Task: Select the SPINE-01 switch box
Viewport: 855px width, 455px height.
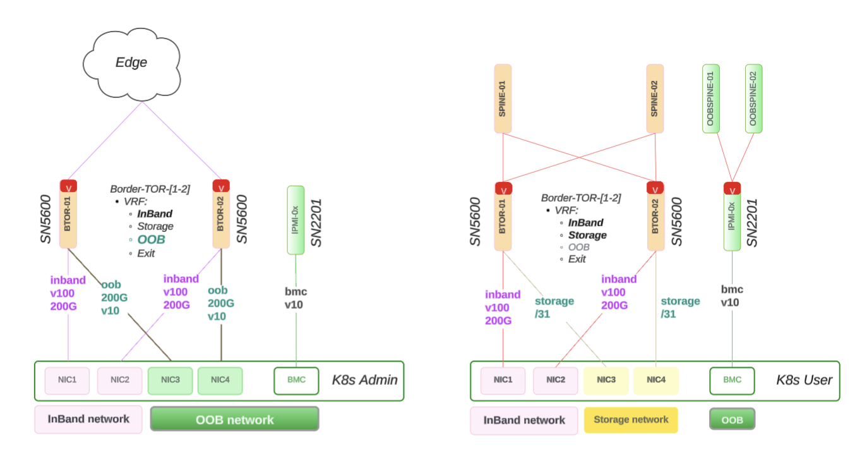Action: tap(503, 99)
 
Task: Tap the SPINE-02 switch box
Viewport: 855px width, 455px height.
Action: tap(655, 99)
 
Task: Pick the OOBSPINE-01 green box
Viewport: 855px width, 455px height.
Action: tap(711, 99)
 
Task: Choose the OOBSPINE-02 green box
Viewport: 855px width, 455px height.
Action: tap(753, 99)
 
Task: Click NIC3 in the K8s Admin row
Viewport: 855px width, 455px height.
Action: tap(170, 380)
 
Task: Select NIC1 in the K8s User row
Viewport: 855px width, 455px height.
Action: tap(503, 380)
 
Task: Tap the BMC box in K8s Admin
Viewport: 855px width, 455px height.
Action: tap(296, 380)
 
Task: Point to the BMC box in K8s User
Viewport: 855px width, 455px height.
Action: tap(732, 380)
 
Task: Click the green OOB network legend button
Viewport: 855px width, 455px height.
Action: tap(234, 419)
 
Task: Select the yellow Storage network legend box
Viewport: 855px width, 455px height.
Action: tap(631, 420)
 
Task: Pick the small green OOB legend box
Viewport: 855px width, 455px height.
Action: tap(732, 420)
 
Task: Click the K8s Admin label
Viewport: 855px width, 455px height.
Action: tap(365, 380)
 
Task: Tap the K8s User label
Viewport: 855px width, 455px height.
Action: tap(804, 380)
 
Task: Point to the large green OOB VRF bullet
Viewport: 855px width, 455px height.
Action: tap(151, 240)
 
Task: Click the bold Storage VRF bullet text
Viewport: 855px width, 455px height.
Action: tap(587, 235)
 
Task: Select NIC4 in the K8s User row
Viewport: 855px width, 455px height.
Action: tap(656, 380)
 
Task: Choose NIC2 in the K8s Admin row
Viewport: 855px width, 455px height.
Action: tap(120, 380)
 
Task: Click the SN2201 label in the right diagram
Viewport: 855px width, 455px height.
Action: tap(752, 222)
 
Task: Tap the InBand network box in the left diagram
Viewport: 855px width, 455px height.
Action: tap(88, 419)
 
